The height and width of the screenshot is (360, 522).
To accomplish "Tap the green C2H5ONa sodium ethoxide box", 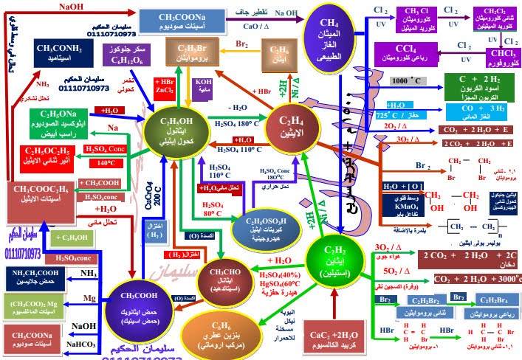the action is [x=53, y=120].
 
